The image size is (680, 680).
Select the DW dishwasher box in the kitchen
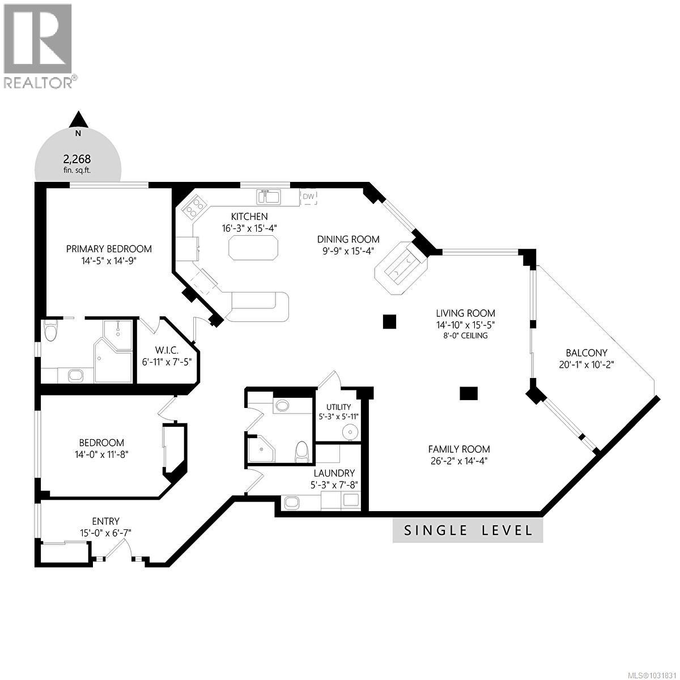coord(308,197)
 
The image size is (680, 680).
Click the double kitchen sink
coord(269,197)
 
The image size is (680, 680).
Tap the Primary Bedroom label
coord(109,249)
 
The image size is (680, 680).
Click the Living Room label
coord(465,313)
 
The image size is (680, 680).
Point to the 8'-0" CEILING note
coord(465,335)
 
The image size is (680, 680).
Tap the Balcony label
coord(586,352)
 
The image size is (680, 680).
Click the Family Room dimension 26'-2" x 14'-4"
coord(458,461)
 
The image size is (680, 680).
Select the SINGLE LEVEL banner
coord(468,530)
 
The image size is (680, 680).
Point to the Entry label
coord(106,521)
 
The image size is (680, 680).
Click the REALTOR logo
coord(39,45)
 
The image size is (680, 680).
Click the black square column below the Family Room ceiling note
coord(469,393)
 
